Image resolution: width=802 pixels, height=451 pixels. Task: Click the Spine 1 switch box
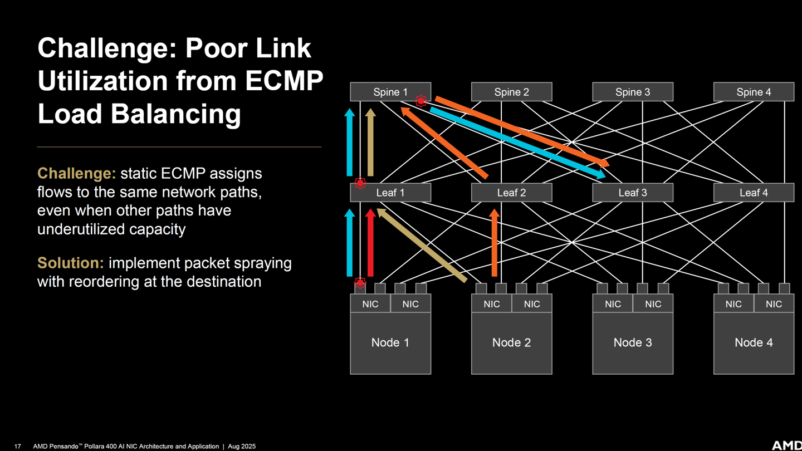tap(390, 92)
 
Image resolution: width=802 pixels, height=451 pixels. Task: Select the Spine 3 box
tap(633, 92)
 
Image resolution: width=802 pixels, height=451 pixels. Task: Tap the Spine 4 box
tap(754, 92)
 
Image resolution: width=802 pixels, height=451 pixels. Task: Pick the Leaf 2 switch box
tap(512, 193)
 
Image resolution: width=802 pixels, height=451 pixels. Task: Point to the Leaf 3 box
tap(633, 193)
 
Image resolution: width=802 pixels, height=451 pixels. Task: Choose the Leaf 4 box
tap(754, 193)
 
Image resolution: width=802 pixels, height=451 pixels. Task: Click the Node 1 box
tap(390, 343)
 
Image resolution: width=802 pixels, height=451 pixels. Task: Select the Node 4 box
tap(754, 343)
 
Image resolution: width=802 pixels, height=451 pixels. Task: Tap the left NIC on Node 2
tap(492, 303)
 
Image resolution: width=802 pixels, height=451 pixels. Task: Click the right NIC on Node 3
tap(653, 303)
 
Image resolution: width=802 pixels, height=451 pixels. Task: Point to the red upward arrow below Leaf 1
tap(370, 243)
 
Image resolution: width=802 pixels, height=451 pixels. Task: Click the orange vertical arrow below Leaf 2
tap(495, 243)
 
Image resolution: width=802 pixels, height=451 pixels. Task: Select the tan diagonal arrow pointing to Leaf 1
tap(422, 245)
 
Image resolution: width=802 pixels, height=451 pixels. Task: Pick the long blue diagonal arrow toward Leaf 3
tap(518, 143)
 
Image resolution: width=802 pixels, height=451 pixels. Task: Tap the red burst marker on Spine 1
tap(421, 101)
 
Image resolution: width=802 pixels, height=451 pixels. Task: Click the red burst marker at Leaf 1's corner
tap(360, 183)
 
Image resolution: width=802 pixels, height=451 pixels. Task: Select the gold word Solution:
tap(71, 263)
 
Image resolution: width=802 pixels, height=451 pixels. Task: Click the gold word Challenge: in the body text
tap(77, 173)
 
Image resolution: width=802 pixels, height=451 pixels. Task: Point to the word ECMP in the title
tap(284, 81)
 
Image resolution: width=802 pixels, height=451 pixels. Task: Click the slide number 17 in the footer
tap(18, 447)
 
